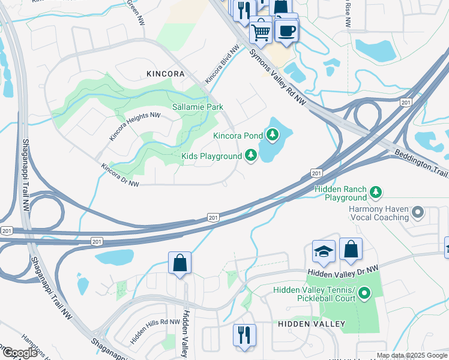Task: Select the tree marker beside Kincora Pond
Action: [x=274, y=134]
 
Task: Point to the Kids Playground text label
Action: [x=211, y=157]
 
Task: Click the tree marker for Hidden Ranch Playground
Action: [x=376, y=192]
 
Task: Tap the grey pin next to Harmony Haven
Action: [x=418, y=213]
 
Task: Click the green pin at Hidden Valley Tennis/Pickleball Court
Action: [x=363, y=293]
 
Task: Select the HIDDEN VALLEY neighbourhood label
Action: [x=312, y=324]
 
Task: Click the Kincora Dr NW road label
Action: [x=120, y=175]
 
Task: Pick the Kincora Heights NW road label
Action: [x=134, y=127]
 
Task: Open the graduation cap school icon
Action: [x=324, y=252]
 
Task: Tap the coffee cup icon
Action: [x=287, y=29]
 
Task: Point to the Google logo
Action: [x=20, y=352]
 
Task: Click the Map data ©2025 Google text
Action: [x=412, y=355]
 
